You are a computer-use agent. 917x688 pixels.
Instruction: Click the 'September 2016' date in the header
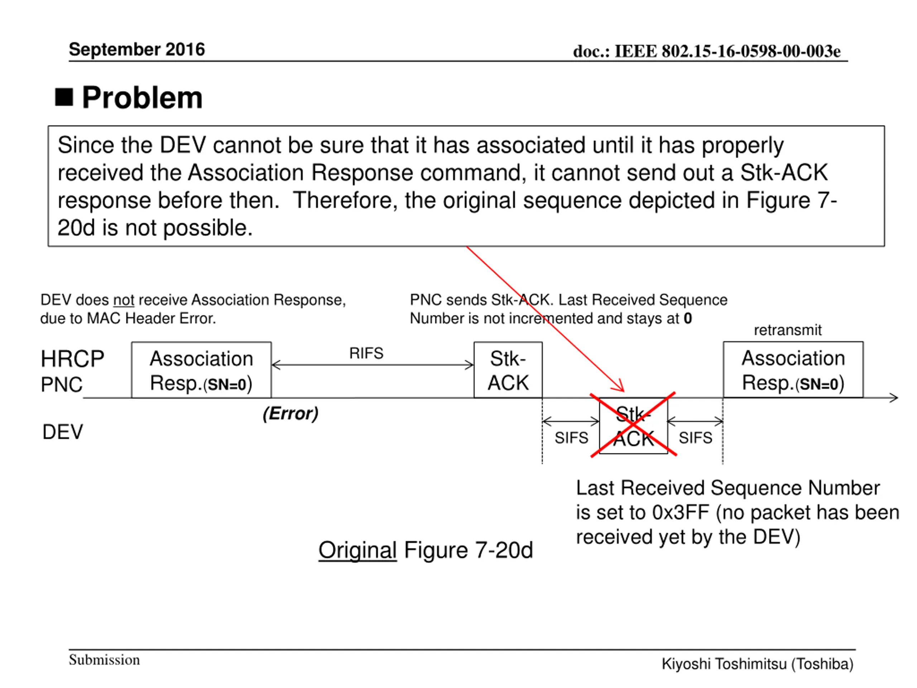click(137, 49)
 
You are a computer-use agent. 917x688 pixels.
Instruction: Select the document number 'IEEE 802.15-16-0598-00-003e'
click(727, 52)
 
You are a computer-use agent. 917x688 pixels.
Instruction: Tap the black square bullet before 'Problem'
click(64, 97)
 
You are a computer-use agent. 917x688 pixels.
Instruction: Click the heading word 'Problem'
click(142, 98)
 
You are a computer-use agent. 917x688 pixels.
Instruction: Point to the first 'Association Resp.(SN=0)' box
click(201, 370)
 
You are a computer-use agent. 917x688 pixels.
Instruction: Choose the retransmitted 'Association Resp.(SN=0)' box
click(793, 369)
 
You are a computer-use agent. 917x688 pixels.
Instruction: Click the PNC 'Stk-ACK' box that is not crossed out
click(508, 370)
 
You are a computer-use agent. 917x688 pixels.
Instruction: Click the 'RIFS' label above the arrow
click(366, 353)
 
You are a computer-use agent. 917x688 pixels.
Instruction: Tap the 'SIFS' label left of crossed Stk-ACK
click(571, 438)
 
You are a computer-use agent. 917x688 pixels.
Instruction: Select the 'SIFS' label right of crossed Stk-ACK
click(695, 438)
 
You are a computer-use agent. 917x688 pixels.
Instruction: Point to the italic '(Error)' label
click(291, 414)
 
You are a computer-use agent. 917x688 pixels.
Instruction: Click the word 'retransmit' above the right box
click(787, 330)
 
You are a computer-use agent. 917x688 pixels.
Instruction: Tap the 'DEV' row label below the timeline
click(63, 432)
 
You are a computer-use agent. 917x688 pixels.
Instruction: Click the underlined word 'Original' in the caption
click(357, 550)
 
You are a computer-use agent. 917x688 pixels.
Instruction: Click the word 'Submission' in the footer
click(104, 660)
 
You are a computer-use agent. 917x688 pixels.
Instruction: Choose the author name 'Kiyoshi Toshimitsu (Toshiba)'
click(757, 664)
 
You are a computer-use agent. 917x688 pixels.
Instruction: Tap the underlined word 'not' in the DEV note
click(124, 300)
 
